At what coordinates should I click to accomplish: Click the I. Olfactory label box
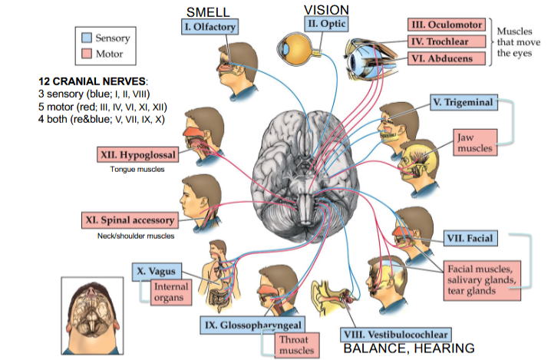click(x=209, y=27)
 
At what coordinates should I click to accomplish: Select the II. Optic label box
click(x=327, y=24)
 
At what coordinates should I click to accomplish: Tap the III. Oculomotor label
click(x=445, y=25)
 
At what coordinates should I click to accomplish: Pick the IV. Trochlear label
click(x=445, y=41)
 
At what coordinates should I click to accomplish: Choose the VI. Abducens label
click(x=445, y=58)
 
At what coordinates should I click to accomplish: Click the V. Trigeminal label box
click(x=462, y=102)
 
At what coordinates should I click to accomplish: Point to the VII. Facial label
click(x=470, y=238)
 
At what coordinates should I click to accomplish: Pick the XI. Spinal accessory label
click(x=131, y=221)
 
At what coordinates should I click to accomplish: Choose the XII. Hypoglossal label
click(x=138, y=155)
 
